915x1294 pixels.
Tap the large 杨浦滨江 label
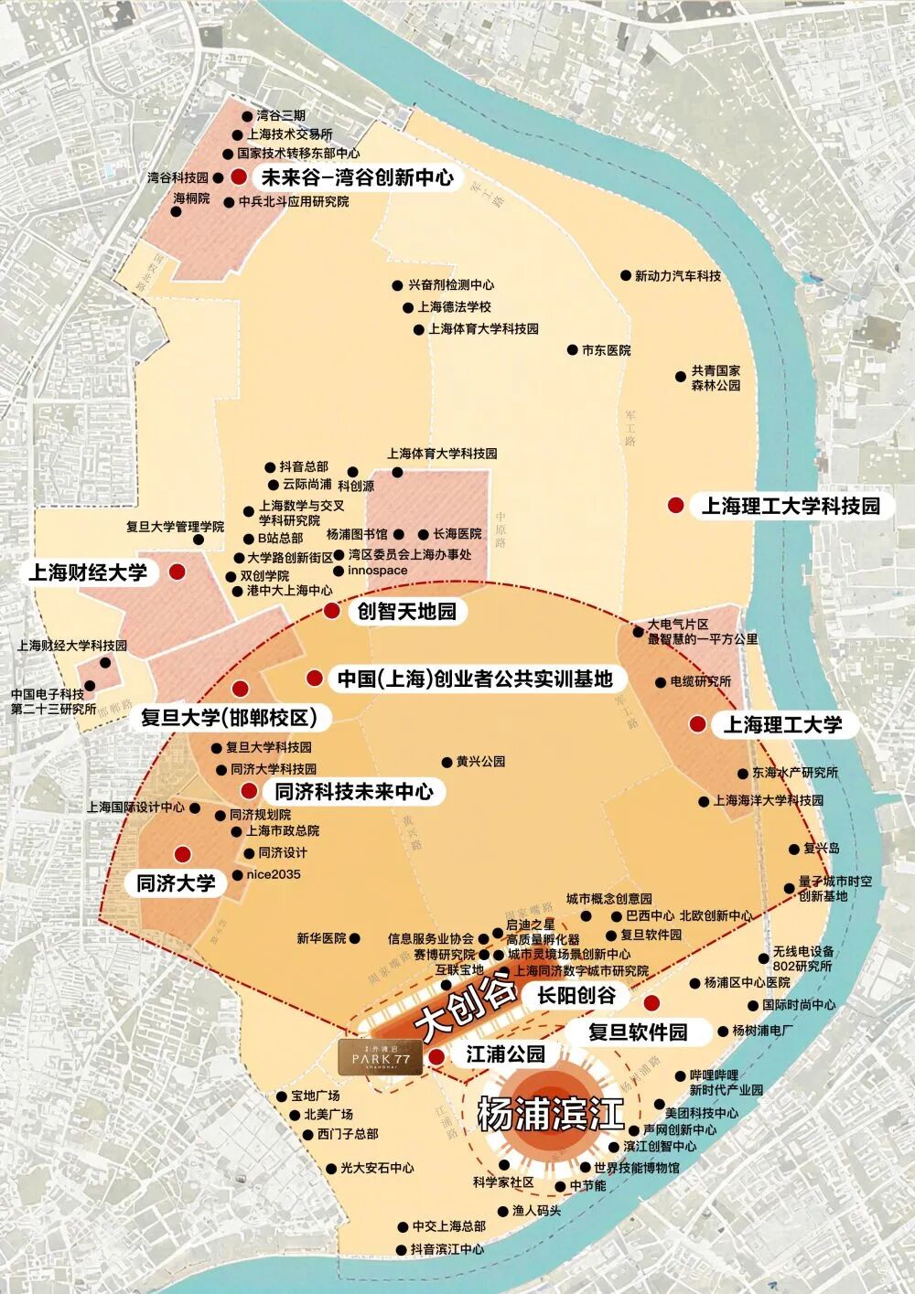[551, 1114]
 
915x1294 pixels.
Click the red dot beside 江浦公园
[437, 1056]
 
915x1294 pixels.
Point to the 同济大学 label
[176, 882]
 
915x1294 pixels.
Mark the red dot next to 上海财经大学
[178, 572]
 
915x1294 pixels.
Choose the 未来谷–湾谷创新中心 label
[358, 177]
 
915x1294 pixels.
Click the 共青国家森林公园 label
[716, 379]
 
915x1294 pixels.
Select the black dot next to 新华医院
[355, 938]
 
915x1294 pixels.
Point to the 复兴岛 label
[821, 849]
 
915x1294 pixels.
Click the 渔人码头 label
[536, 1211]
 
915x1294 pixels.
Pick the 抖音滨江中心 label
[447, 1249]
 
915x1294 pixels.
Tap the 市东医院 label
[606, 350]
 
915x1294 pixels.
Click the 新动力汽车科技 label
[677, 275]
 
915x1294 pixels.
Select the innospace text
[378, 571]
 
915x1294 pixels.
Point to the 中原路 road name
[501, 529]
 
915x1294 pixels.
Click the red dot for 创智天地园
[331, 611]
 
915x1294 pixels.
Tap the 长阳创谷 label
[576, 996]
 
